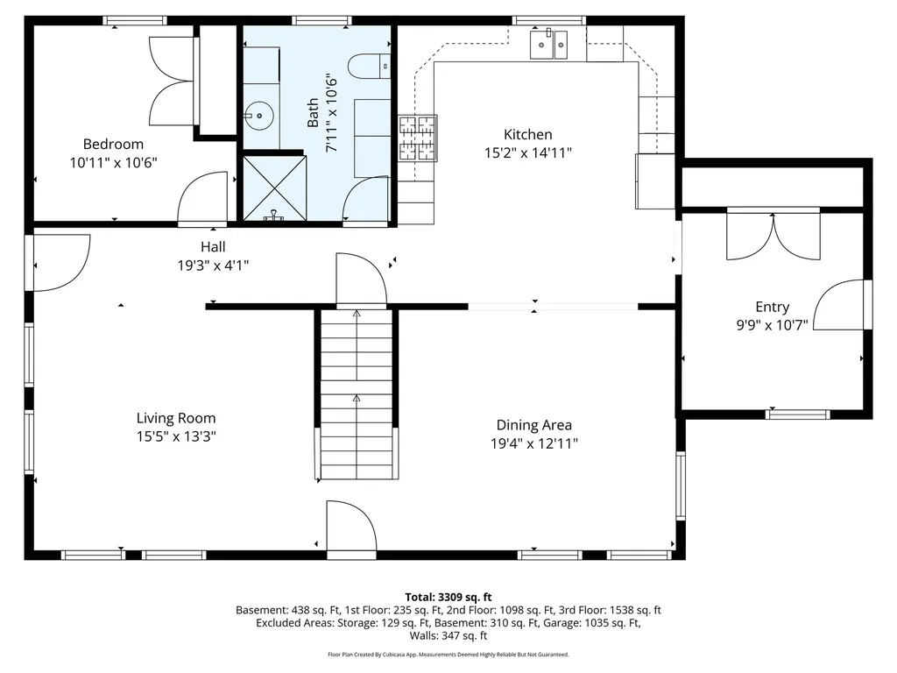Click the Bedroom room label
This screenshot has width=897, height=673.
click(113, 144)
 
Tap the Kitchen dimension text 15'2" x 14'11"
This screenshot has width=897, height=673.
click(528, 152)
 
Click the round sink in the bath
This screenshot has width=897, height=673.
click(258, 113)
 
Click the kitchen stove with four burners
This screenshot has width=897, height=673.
click(418, 138)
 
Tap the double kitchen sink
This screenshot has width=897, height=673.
click(549, 43)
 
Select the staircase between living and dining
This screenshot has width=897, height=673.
click(356, 394)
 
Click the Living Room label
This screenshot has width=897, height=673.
click(175, 418)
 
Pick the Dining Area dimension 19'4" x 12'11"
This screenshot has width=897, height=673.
click(533, 443)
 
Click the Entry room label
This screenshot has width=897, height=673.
click(772, 307)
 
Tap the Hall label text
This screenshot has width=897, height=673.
click(213, 247)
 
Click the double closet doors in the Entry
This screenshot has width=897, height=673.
click(773, 235)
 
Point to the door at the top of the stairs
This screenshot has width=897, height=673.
click(361, 280)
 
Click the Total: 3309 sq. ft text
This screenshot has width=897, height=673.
click(448, 597)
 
